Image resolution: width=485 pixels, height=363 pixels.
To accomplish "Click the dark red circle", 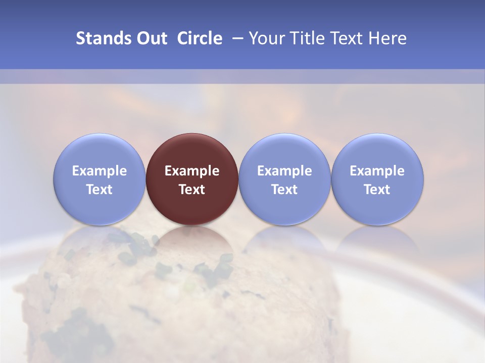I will click(x=192, y=179).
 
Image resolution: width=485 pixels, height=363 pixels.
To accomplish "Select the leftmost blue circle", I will click(x=99, y=179).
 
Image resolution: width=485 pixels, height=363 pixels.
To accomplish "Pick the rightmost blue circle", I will click(x=377, y=179).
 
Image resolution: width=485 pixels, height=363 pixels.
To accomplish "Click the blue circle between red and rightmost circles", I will click(x=284, y=179).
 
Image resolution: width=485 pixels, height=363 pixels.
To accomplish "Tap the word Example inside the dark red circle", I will click(x=192, y=171).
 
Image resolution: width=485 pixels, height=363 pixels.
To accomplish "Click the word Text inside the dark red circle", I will click(x=192, y=190).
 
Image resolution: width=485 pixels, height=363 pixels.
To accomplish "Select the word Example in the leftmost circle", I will click(x=99, y=171).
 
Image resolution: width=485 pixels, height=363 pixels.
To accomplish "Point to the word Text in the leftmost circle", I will click(x=99, y=190).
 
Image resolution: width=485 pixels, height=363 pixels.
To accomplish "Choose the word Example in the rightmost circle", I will click(x=377, y=171).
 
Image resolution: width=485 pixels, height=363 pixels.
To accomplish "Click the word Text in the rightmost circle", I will click(x=377, y=190).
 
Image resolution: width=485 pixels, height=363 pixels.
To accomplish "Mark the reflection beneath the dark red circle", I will click(x=192, y=239).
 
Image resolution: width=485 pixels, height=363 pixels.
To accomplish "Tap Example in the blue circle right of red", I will click(x=284, y=171).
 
